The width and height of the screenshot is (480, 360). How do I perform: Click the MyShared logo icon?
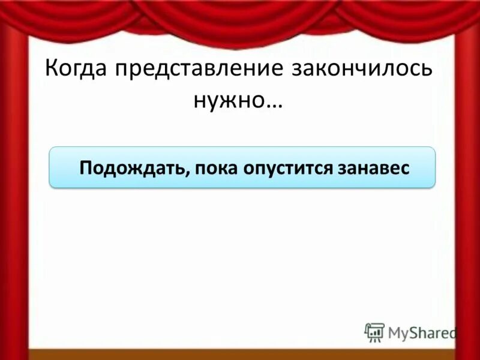[x=374, y=332]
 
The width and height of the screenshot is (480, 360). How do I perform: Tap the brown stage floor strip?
[x=240, y=354]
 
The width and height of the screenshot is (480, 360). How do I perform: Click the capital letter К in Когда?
[x=52, y=68]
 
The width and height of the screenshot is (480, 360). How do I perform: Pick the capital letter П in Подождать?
[x=86, y=167]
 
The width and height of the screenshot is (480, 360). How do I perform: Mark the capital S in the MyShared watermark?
[x=413, y=332]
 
